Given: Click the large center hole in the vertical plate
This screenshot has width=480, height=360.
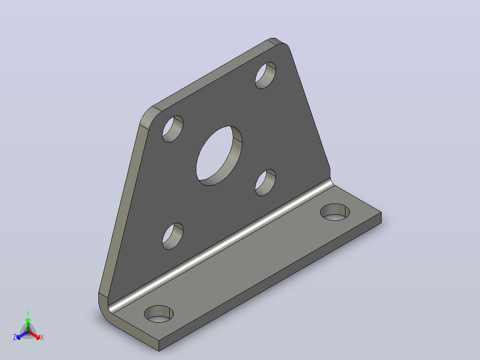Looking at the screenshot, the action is [219, 155].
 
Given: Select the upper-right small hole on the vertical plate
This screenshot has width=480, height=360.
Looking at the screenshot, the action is [265, 75].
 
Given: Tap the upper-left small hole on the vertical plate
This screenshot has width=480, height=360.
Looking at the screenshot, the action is [173, 129].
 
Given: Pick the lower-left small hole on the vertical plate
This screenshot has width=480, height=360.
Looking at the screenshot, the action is [173, 236].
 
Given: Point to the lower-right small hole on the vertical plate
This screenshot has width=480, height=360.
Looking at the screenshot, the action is [265, 183].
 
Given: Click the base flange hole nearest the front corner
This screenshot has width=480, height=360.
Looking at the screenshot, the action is [159, 314].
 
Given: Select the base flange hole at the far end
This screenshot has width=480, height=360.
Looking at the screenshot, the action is [335, 212].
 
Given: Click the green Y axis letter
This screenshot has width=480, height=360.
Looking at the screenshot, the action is [28, 314].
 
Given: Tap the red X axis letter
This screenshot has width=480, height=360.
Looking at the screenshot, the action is [42, 337].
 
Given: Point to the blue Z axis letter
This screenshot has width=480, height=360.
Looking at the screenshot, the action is [15, 337].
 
